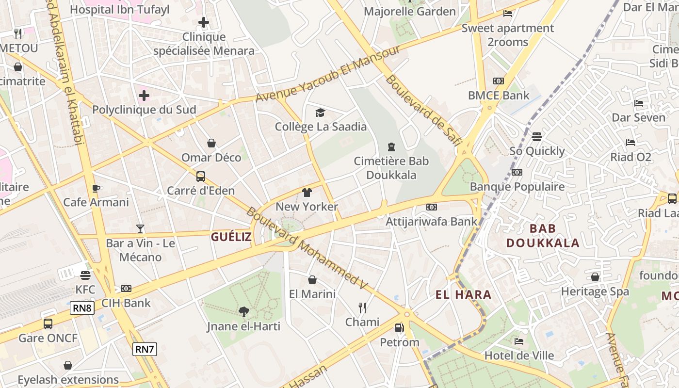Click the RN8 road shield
82,307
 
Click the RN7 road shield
145,349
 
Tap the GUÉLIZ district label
231,237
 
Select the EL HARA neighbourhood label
463,294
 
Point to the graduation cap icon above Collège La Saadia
320,113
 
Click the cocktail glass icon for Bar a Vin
140,228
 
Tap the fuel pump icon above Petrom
399,328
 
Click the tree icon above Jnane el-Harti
243,312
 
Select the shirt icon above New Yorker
307,193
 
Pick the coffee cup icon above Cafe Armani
96,188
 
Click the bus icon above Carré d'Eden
201,177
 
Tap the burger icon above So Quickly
536,137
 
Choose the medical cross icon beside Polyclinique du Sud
144,96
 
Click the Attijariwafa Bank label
431,222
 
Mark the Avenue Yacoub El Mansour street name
328,74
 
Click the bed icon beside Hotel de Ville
519,341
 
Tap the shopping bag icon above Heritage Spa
595,277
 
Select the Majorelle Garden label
410,11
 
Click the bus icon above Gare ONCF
48,323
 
